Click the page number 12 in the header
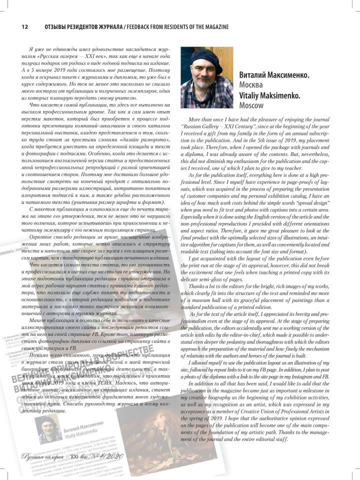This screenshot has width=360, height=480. point(24,26)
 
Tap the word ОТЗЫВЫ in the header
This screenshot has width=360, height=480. point(56,26)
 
